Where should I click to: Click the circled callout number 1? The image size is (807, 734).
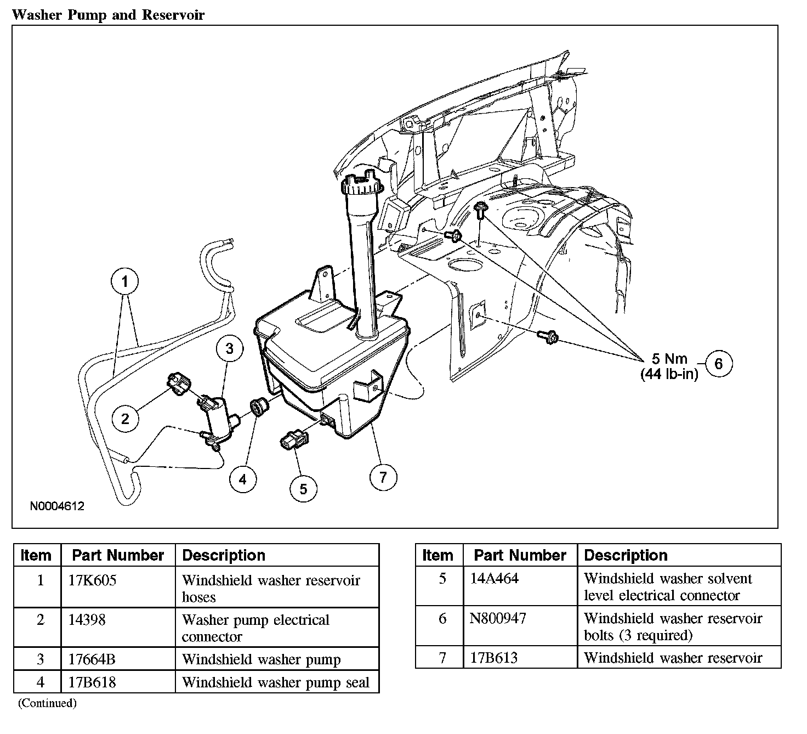[125, 283]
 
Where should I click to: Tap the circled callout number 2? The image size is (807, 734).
[126, 419]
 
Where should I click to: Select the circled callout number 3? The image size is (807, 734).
[229, 348]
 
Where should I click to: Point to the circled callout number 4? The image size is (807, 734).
[242, 479]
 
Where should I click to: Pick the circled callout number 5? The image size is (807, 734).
[304, 488]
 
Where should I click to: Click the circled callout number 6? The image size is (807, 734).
[719, 363]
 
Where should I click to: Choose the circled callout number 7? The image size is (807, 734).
[383, 477]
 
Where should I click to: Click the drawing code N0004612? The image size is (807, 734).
[57, 506]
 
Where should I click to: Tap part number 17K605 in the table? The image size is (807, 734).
[93, 580]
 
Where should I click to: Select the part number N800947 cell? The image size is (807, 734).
[498, 619]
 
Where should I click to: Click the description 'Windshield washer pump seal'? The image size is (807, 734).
[275, 682]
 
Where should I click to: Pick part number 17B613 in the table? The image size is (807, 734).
[494, 658]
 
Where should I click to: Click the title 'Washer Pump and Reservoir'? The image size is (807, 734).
[108, 14]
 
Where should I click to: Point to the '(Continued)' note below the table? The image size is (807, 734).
[47, 703]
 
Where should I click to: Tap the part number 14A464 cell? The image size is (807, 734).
[494, 579]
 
